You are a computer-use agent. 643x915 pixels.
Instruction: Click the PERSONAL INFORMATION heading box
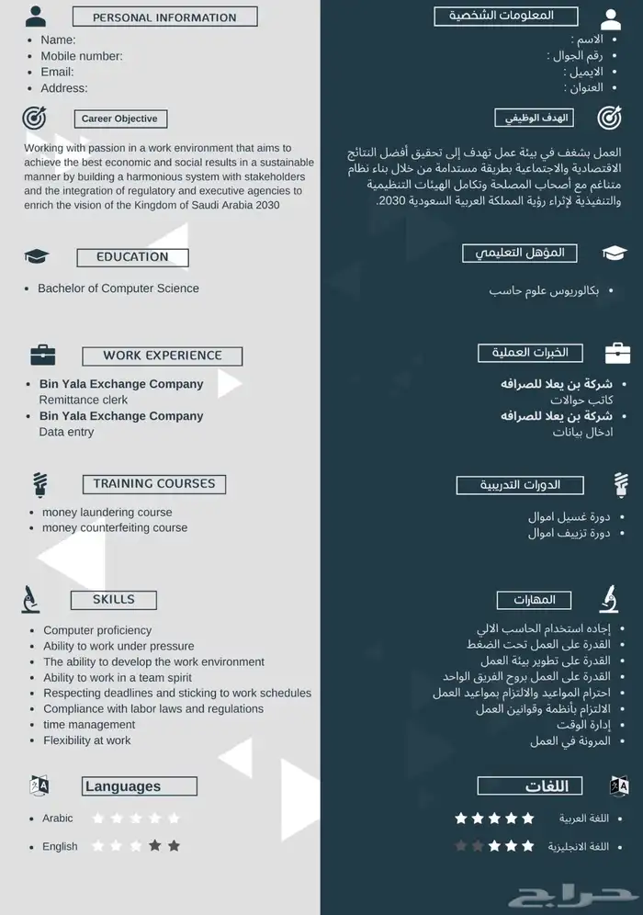click(x=164, y=17)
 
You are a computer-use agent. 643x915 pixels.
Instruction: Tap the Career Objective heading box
click(x=119, y=119)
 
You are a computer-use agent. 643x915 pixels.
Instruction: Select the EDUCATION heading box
click(x=132, y=257)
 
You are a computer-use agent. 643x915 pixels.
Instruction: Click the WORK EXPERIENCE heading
click(x=162, y=356)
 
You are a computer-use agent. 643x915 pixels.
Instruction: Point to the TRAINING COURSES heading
click(x=153, y=483)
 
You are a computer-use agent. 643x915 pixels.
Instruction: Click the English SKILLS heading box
click(x=113, y=600)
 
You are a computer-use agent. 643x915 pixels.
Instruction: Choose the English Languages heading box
click(x=139, y=786)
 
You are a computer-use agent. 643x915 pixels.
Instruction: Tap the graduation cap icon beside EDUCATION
click(x=37, y=256)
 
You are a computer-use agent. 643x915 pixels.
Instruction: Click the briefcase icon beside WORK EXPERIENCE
click(x=42, y=354)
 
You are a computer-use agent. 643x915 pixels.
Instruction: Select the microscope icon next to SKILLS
click(x=30, y=599)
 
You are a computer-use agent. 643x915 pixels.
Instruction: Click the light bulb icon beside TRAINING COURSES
click(x=39, y=483)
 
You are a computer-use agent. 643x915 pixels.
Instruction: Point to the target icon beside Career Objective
click(x=34, y=118)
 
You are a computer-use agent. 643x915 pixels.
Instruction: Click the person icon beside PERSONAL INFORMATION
click(x=35, y=17)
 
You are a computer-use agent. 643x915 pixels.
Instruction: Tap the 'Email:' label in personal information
click(x=57, y=72)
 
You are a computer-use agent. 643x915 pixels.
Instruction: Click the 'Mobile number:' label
click(x=81, y=56)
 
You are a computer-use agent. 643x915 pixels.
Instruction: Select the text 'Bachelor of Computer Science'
click(x=118, y=288)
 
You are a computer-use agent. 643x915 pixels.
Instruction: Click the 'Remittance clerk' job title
click(x=83, y=400)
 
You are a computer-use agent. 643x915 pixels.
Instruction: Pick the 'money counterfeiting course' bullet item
click(x=114, y=528)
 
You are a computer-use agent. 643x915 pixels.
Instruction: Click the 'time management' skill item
click(x=89, y=725)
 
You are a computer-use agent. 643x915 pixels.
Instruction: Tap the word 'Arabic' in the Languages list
click(x=57, y=819)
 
